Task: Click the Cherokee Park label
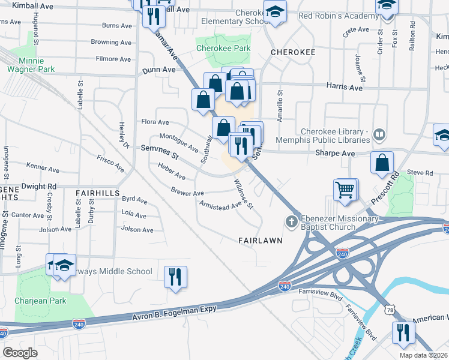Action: [223, 48]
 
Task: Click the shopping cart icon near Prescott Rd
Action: [346, 190]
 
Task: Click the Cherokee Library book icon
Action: [379, 134]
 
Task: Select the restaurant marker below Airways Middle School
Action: [175, 277]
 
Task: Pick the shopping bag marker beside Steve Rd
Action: [382, 163]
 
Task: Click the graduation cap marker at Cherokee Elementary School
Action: [275, 12]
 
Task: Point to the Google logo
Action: [20, 353]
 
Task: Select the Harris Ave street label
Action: [344, 87]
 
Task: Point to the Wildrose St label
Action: [244, 194]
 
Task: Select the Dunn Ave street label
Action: [159, 70]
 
